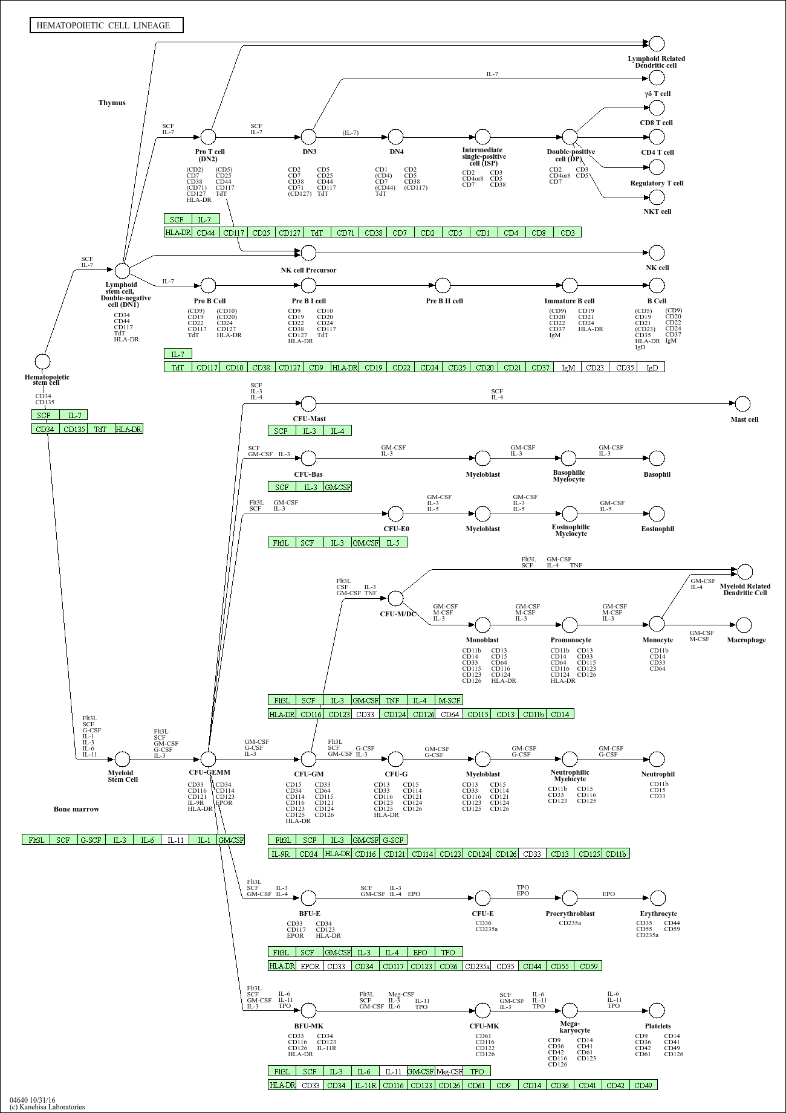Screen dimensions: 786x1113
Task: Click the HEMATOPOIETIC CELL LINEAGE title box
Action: (106, 25)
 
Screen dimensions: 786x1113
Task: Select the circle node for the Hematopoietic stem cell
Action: (42, 362)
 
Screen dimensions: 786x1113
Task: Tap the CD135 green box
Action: (74, 429)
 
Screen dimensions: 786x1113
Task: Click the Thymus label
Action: (112, 103)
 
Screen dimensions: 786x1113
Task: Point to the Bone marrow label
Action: (76, 809)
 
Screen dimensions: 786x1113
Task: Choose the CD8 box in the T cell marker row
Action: (539, 233)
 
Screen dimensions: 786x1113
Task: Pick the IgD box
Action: (651, 367)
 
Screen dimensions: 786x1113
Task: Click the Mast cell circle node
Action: (742, 404)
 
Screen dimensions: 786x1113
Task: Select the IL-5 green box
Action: (393, 543)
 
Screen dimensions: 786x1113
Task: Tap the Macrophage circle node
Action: (744, 625)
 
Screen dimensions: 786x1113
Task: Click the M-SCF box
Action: (449, 700)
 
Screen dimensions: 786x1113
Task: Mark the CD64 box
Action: (450, 714)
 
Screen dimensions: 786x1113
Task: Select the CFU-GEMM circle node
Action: (208, 759)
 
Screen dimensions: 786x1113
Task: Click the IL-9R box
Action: (282, 854)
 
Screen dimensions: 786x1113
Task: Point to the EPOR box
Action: (310, 966)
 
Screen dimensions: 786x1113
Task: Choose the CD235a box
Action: (477, 966)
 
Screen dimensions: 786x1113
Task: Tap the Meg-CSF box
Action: (449, 1071)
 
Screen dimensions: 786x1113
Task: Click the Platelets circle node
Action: (657, 1010)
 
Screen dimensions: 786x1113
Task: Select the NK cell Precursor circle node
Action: (308, 253)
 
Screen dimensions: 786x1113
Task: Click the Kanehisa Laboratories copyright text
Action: (47, 1107)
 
